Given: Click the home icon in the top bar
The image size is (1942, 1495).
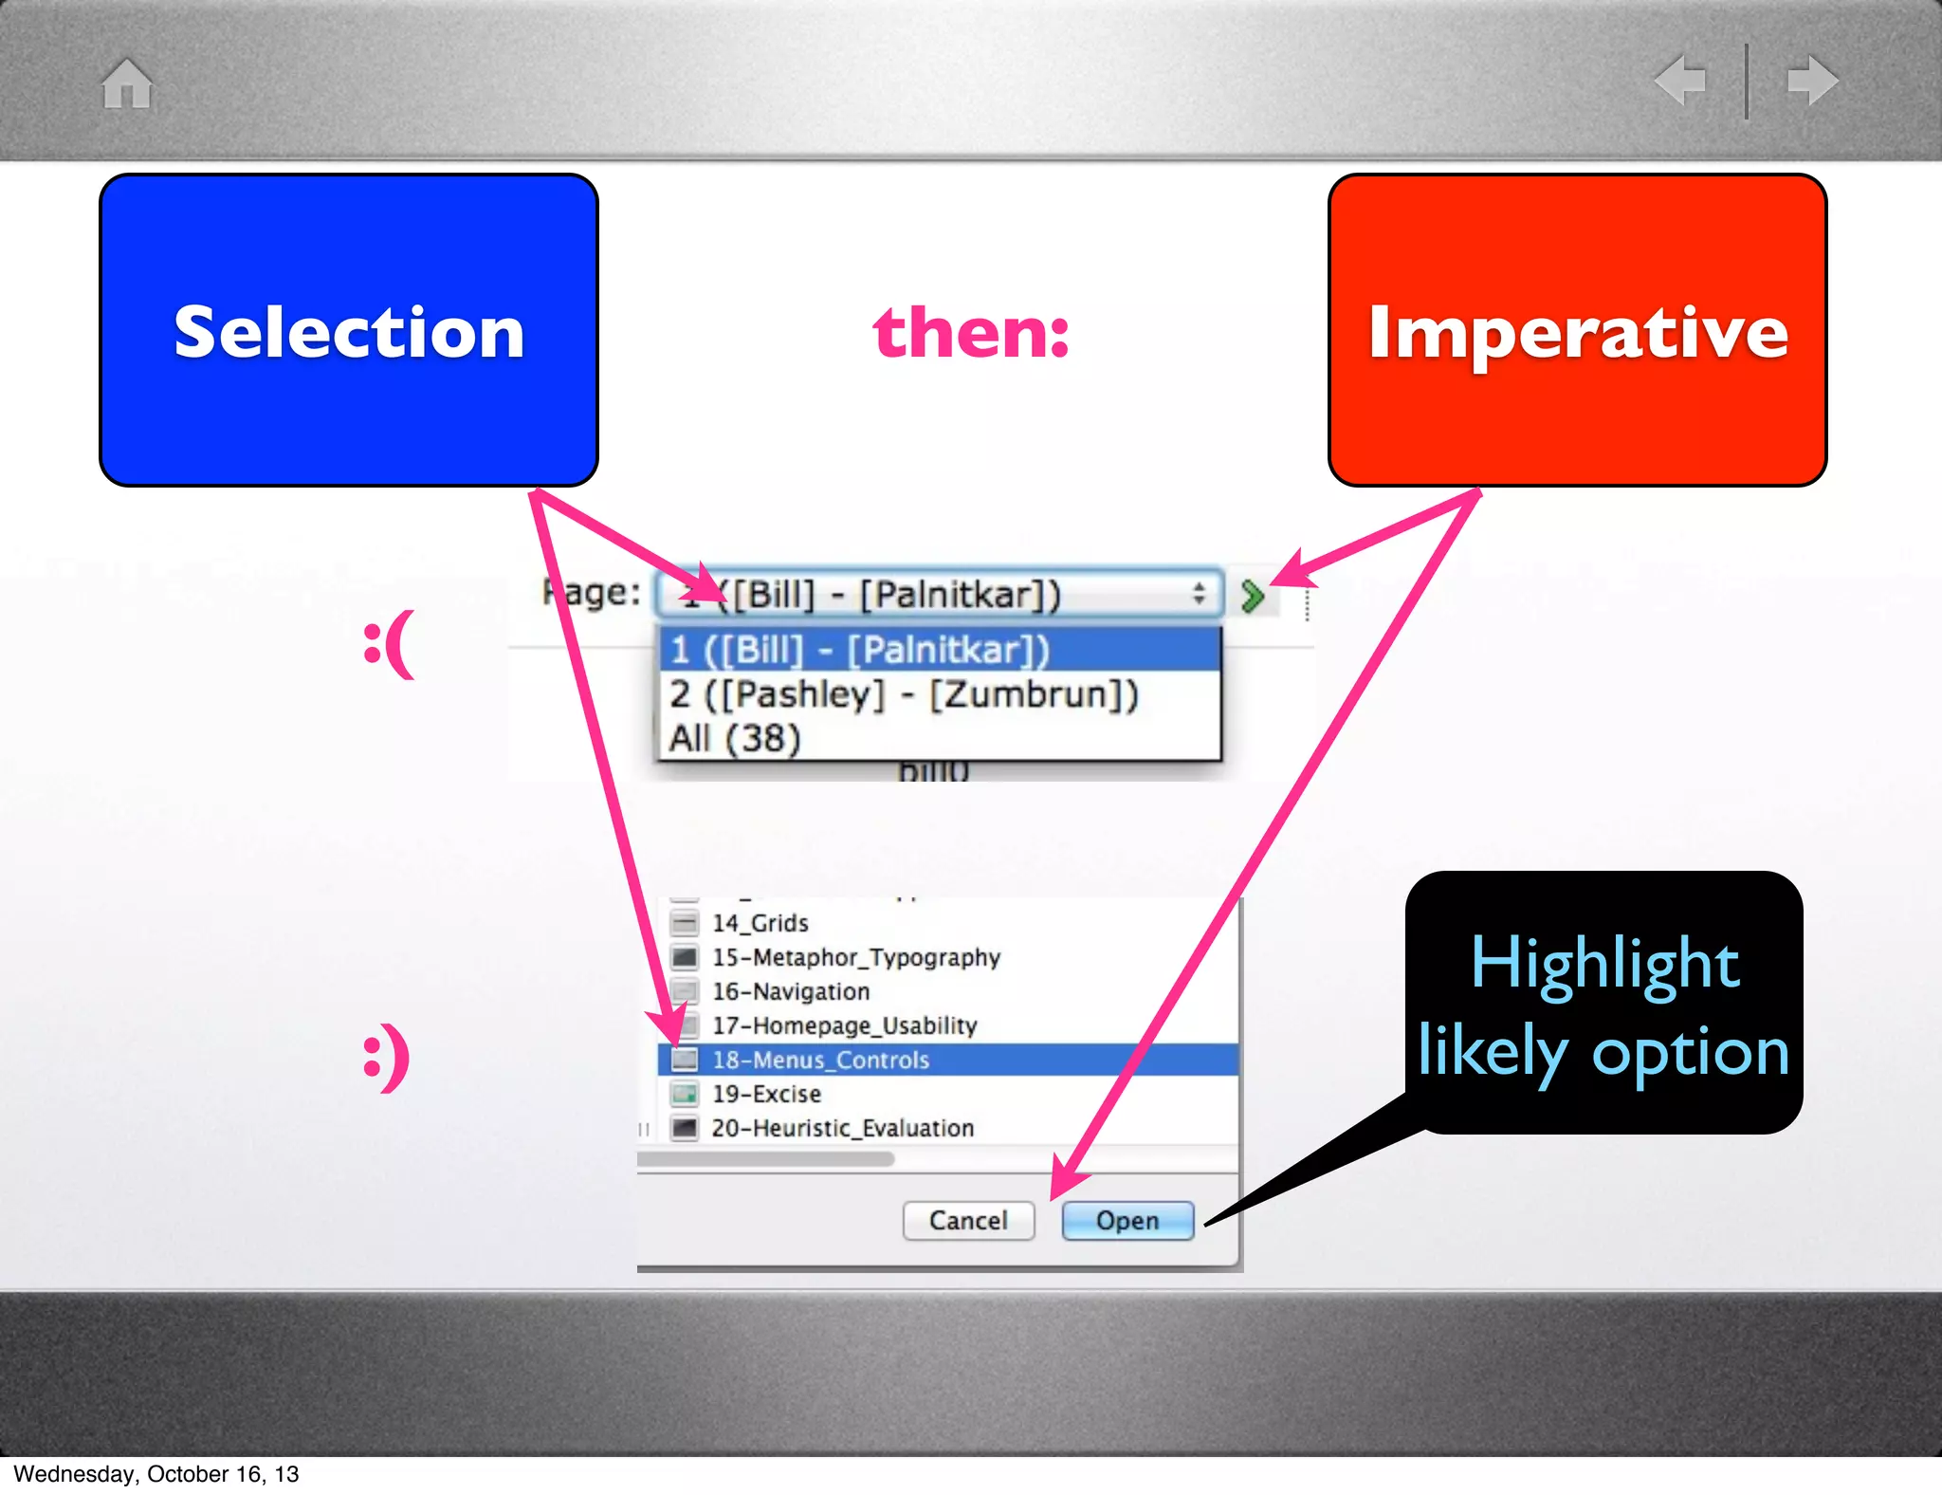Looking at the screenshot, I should [127, 83].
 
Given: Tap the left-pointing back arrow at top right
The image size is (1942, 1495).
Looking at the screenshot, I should [1680, 80].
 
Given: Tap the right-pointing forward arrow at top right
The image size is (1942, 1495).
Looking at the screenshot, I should [1812, 80].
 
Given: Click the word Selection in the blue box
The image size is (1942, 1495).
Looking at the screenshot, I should [348, 332].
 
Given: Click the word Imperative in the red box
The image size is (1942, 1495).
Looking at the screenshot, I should [1577, 332].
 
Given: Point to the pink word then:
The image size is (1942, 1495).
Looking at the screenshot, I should [971, 333].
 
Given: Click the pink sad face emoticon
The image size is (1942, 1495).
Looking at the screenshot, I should [389, 644].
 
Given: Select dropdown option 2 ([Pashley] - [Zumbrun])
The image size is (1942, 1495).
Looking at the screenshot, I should [903, 694].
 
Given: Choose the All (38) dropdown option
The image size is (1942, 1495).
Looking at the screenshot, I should [736, 738].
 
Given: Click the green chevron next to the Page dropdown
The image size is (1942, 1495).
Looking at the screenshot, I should [1253, 596].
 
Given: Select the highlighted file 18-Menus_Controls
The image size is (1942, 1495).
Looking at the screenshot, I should [820, 1060].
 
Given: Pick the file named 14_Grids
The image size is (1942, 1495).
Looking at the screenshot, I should [760, 923].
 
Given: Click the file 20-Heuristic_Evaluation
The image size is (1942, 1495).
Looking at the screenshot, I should [842, 1128].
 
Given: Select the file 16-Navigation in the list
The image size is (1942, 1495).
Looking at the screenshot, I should [790, 991].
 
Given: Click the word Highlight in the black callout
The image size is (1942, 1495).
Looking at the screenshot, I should [1604, 964].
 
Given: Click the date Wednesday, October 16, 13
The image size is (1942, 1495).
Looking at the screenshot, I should [156, 1473].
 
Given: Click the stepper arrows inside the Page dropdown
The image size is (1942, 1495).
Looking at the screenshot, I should [1199, 594].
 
